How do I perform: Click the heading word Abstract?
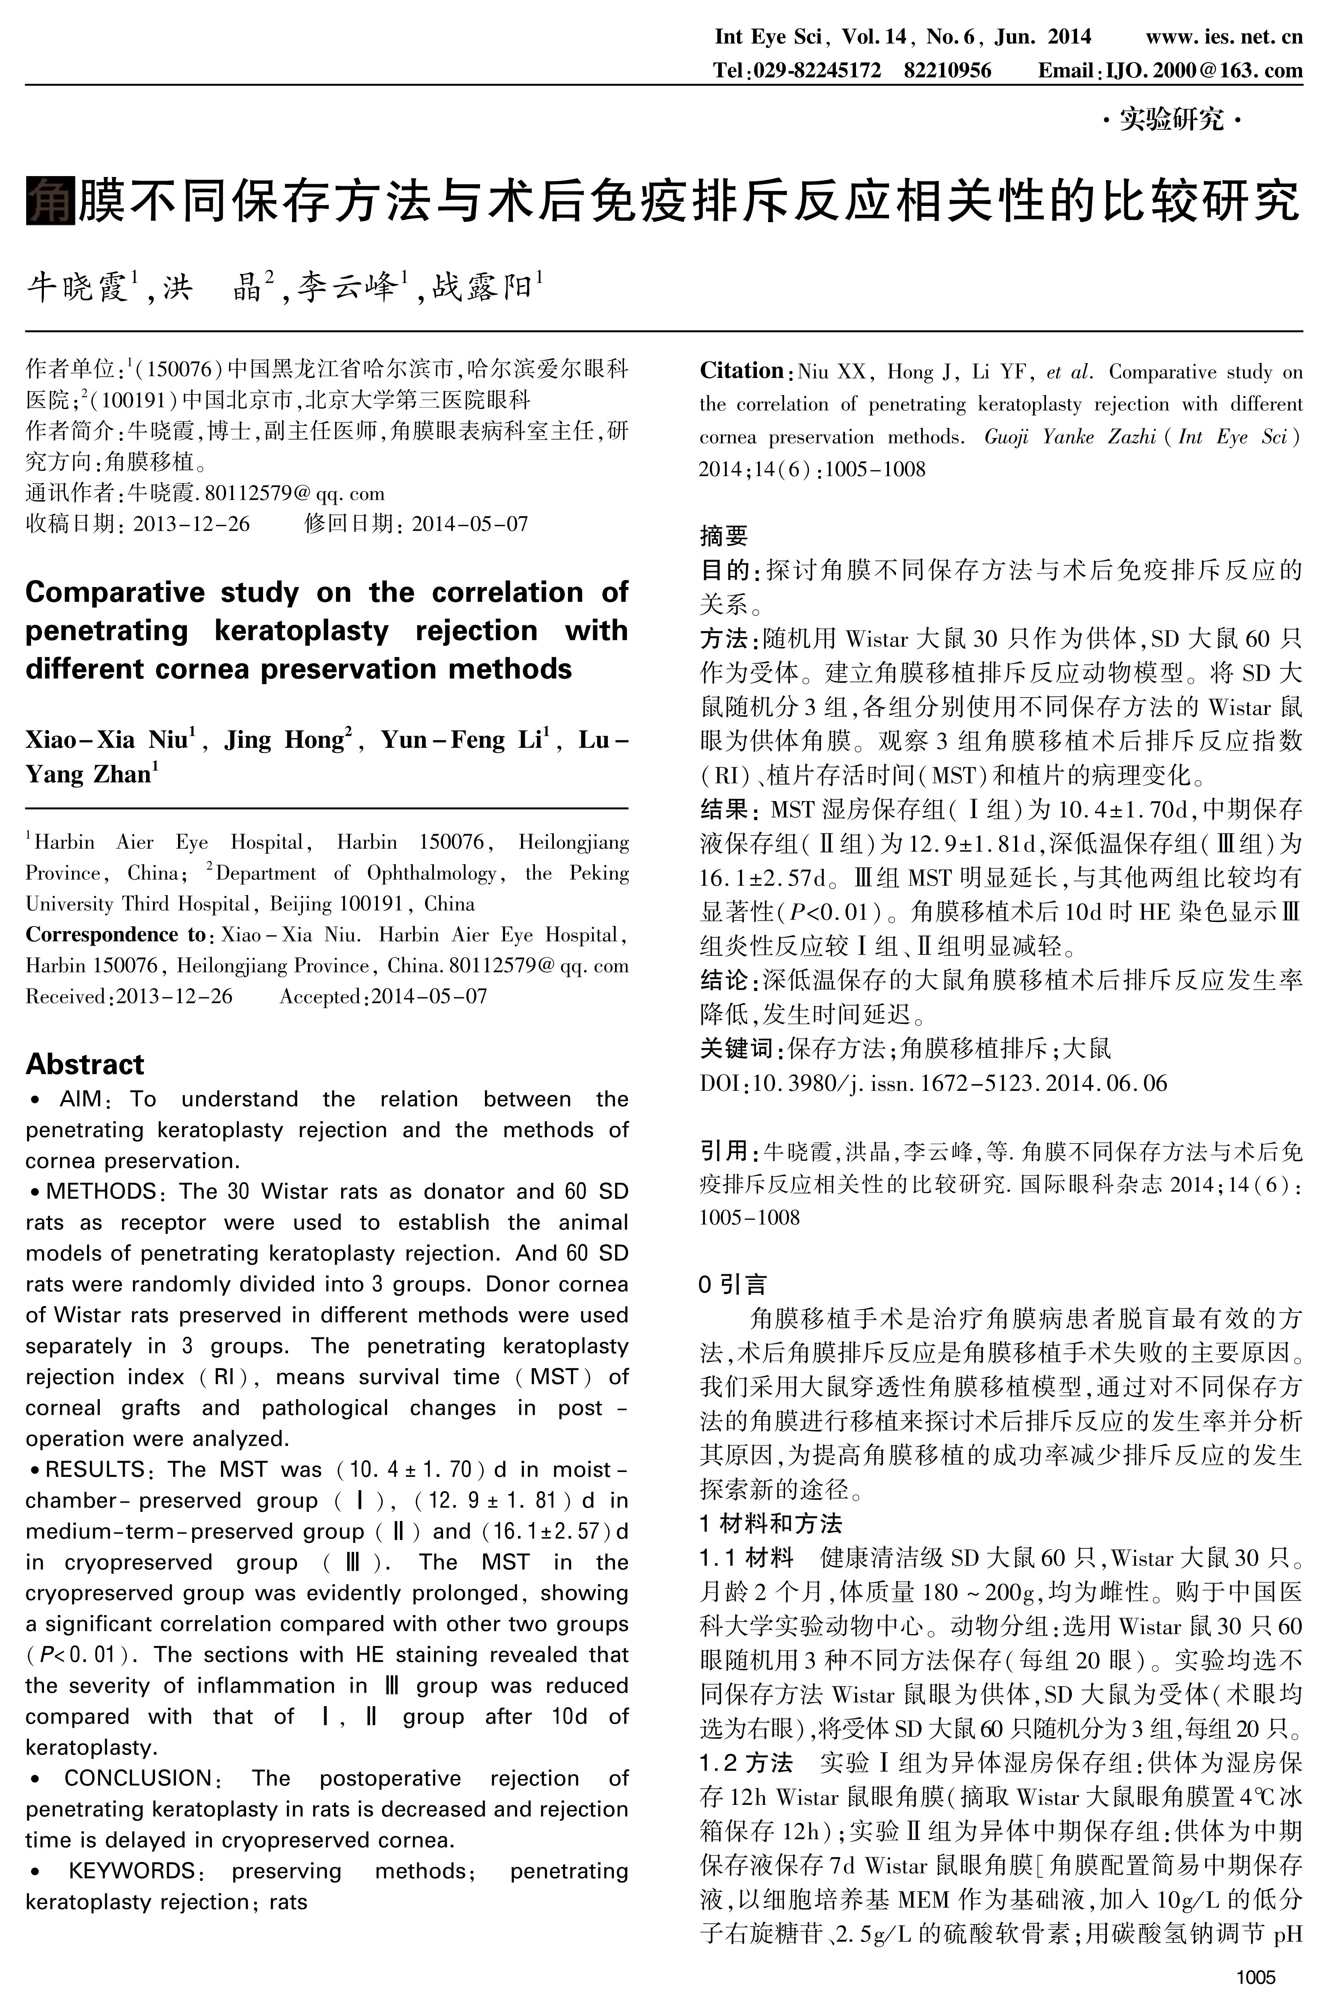pyautogui.click(x=85, y=1064)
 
